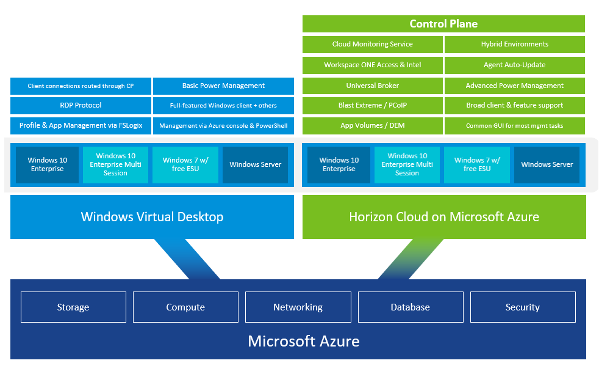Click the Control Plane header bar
click(443, 24)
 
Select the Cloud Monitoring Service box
click(372, 45)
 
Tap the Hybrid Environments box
click(514, 45)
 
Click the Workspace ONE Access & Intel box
click(372, 65)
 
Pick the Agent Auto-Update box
click(514, 65)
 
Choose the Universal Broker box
click(372, 86)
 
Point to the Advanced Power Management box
click(514, 86)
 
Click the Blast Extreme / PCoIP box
click(372, 105)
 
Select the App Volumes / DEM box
click(372, 125)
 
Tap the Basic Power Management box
click(223, 86)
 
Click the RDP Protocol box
click(81, 105)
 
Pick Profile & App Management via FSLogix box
click(81, 125)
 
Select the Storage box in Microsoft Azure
click(73, 307)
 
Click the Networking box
click(298, 307)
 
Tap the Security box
click(522, 307)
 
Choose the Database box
click(410, 307)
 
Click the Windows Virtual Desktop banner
click(152, 217)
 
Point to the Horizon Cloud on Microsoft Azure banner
click(443, 217)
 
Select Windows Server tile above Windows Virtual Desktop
click(255, 164)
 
